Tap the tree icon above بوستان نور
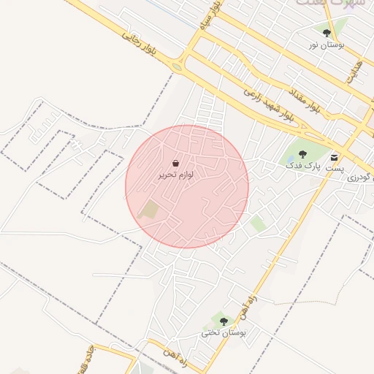coord(326,33)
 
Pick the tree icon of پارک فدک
coord(302,155)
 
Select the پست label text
coord(334,169)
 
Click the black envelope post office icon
coord(335,157)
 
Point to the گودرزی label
coord(360,177)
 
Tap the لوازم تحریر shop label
coord(176,175)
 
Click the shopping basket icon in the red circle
coord(176,164)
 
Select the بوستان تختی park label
coord(224,333)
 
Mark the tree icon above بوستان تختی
coord(224,321)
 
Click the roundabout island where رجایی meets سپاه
coord(178,67)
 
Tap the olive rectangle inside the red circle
coord(149,210)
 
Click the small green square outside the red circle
coord(258,224)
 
